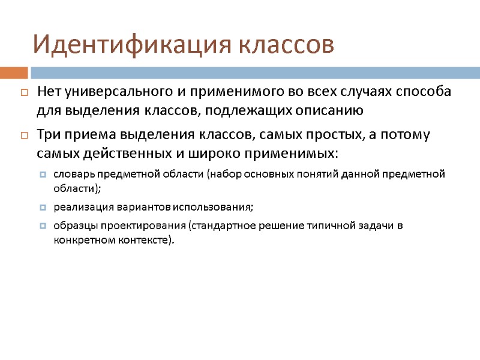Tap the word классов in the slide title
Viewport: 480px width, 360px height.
[287, 44]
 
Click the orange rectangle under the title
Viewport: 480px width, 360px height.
[14, 73]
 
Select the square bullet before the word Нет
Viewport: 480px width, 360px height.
[24, 93]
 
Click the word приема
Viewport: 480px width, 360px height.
[80, 135]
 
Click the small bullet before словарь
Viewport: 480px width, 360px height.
[42, 175]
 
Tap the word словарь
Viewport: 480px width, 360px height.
[74, 175]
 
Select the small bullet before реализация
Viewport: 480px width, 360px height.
[42, 208]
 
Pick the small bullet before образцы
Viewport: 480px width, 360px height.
[42, 226]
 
